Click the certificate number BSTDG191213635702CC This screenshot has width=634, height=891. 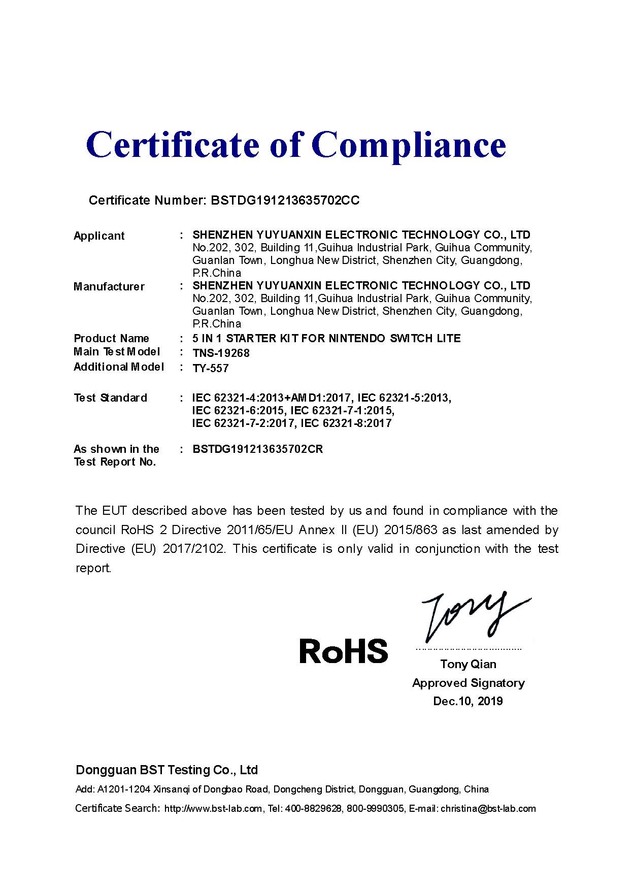(285, 200)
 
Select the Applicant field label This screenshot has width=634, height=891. (99, 236)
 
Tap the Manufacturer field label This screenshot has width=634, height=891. (109, 286)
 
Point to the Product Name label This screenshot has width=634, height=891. (111, 338)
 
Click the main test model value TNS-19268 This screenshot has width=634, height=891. (221, 353)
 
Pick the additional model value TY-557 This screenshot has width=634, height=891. (211, 368)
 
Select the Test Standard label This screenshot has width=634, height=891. (110, 398)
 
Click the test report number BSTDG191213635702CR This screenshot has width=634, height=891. (258, 449)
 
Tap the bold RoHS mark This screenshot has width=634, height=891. (344, 651)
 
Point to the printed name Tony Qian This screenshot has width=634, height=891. (468, 664)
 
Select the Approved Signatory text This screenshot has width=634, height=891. (468, 683)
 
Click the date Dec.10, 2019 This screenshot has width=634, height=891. (468, 701)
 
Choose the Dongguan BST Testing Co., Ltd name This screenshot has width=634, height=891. (166, 770)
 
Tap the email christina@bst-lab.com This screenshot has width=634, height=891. (488, 808)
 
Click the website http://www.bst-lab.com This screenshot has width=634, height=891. (213, 808)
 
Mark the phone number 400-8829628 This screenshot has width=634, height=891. (313, 808)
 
